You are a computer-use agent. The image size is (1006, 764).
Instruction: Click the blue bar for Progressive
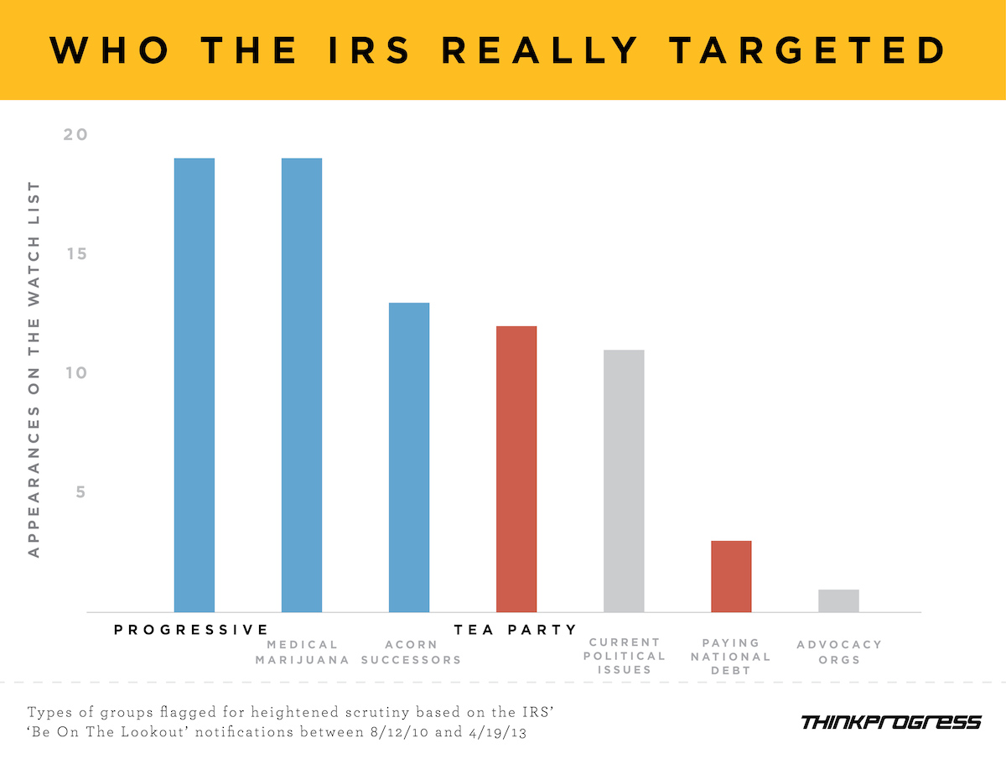(194, 385)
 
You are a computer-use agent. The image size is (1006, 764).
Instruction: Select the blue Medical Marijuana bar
(301, 385)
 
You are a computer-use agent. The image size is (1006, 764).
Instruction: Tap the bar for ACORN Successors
(409, 457)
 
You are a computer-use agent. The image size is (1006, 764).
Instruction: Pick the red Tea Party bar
(516, 469)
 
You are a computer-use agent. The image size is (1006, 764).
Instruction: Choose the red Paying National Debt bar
(731, 576)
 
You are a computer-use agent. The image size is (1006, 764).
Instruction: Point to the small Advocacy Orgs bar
(838, 600)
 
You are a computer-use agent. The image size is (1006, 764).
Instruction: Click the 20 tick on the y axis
(75, 135)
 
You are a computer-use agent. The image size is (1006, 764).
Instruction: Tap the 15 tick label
(75, 254)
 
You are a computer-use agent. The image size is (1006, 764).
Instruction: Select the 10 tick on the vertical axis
(75, 373)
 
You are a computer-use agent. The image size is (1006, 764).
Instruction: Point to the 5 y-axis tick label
(80, 492)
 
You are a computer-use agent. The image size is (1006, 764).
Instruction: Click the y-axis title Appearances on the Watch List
(34, 369)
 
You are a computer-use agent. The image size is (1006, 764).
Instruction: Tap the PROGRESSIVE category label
(191, 629)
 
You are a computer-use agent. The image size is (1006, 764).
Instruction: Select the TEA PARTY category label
(516, 629)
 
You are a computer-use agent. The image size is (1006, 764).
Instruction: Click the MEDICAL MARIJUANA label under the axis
(303, 652)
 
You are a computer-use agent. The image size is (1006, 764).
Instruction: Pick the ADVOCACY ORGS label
(839, 652)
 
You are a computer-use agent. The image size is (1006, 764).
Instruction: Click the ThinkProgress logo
(890, 722)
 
